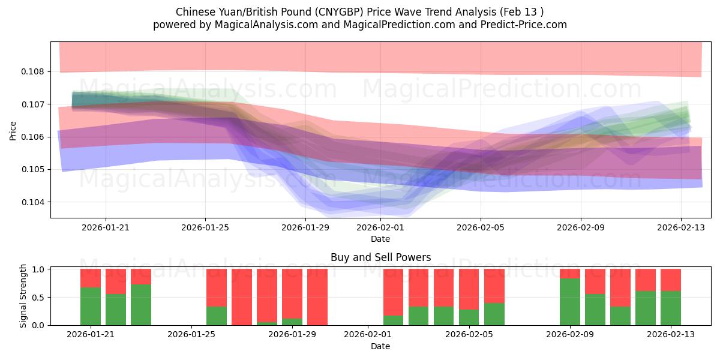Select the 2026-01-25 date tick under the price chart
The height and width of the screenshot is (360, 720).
[x=205, y=227]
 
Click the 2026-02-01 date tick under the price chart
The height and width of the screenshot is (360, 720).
[x=380, y=227]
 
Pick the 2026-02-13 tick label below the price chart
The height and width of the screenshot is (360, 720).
[x=680, y=227]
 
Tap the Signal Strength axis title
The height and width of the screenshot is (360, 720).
[x=23, y=296]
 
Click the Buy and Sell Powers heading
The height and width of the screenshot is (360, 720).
[x=380, y=257]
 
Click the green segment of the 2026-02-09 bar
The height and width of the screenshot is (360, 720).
[x=570, y=302]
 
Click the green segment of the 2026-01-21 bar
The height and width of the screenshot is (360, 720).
[x=91, y=307]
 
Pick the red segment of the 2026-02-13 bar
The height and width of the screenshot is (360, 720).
[x=671, y=280]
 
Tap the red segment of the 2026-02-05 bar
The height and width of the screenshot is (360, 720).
[x=469, y=289]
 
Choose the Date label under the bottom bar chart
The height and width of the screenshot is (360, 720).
[x=380, y=346]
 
